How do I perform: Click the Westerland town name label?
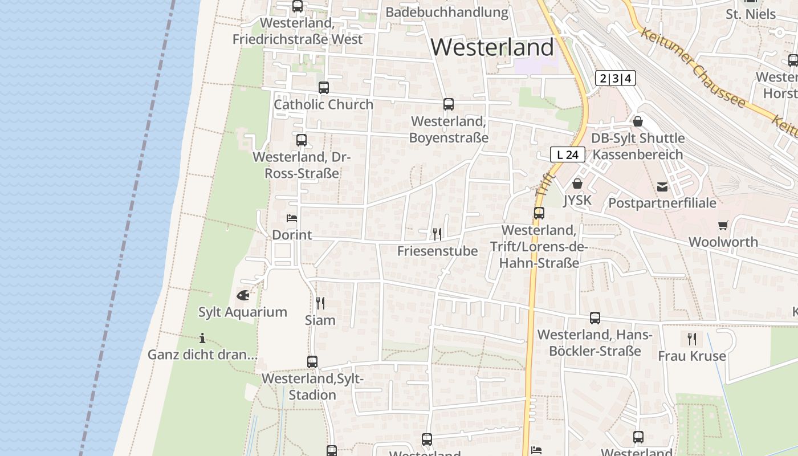coord(492,47)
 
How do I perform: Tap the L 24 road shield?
coord(568,154)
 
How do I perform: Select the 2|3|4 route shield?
coord(615,78)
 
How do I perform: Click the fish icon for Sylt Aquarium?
coord(243,295)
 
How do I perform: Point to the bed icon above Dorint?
coord(292,218)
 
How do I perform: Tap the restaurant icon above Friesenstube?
coord(437,234)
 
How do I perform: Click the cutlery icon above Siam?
coord(320,303)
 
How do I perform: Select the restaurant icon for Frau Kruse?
coord(692,339)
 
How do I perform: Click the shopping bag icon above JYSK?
coord(577,184)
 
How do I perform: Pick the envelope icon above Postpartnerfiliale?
coord(662,186)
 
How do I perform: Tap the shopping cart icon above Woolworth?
coord(723,225)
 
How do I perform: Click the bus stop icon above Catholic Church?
coord(324,88)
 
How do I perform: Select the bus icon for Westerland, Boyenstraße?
coord(449,104)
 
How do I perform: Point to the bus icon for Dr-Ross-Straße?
coord(302,140)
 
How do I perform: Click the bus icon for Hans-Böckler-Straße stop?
coord(595,318)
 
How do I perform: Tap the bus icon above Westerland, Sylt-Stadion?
coord(312,361)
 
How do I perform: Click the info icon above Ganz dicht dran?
coord(202,337)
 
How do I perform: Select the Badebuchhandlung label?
coord(446,13)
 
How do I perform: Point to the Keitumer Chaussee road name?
coord(693,67)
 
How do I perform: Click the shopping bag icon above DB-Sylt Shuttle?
coord(638,121)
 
